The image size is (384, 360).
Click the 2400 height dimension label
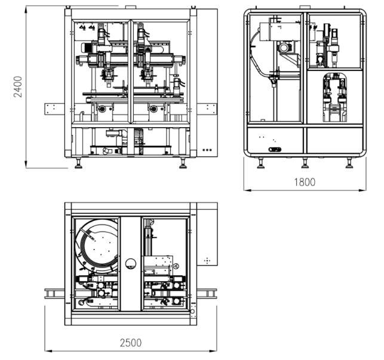click(18, 87)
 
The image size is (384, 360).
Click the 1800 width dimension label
click(305, 182)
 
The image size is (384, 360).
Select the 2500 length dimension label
click(131, 343)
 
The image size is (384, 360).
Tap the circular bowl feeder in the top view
click(97, 246)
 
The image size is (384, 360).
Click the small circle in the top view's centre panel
click(131, 264)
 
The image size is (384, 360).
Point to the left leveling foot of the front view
click(78, 163)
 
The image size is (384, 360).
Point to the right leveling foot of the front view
click(183, 163)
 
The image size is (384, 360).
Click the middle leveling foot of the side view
click(305, 163)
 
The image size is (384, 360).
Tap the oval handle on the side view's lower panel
click(275, 149)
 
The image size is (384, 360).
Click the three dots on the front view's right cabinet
click(207, 150)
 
